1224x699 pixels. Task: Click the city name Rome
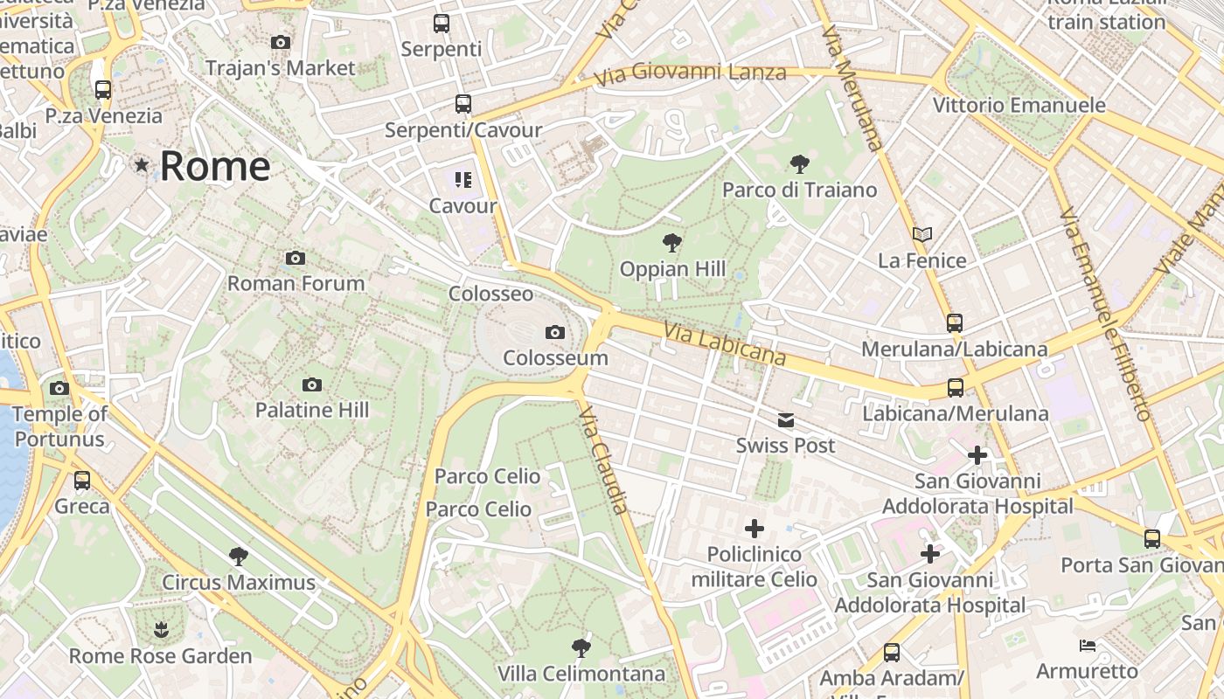coord(215,166)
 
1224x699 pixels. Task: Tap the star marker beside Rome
coord(142,164)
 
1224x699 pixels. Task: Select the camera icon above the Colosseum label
coord(554,332)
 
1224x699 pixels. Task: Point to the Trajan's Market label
coord(280,68)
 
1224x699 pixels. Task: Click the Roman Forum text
coord(296,283)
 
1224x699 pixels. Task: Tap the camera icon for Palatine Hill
coord(311,384)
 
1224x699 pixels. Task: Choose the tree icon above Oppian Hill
coord(671,243)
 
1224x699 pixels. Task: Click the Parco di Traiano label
coord(799,190)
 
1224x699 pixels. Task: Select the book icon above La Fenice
coord(922,234)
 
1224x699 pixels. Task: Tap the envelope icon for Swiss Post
coord(785,420)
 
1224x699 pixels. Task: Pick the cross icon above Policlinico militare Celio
coord(754,528)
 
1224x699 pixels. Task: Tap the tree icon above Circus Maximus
coord(238,556)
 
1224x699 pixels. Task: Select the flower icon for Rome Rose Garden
coord(160,629)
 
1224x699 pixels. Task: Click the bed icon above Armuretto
coord(1087,646)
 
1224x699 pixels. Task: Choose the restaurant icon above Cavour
coord(462,180)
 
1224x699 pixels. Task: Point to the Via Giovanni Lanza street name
coord(690,74)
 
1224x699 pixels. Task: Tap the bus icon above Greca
coord(82,480)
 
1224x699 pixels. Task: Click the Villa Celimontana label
coord(581,674)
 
